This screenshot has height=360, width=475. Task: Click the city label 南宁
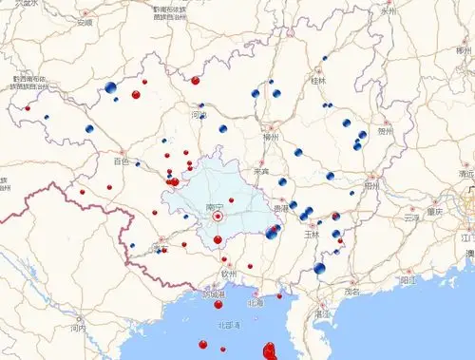pyautogui.click(x=214, y=206)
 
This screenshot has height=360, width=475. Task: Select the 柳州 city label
pyautogui.click(x=270, y=137)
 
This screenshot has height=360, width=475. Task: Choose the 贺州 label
pyautogui.click(x=385, y=132)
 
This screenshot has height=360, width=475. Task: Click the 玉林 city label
pyautogui.click(x=311, y=233)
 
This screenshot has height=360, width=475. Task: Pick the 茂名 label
pyautogui.click(x=352, y=292)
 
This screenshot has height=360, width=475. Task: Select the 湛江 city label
pyautogui.click(x=322, y=312)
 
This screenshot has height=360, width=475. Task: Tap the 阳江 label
pyautogui.click(x=408, y=280)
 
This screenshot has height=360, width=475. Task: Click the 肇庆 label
pyautogui.click(x=434, y=212)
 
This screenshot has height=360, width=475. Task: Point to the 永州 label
pyautogui.click(x=388, y=11)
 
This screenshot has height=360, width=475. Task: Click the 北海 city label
pyautogui.click(x=255, y=303)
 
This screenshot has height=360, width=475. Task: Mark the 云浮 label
pyautogui.click(x=410, y=218)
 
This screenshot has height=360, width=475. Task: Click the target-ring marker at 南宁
pyautogui.click(x=218, y=217)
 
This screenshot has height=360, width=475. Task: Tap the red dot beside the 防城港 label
pyautogui.click(x=218, y=304)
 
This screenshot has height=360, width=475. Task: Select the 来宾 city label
pyautogui.click(x=260, y=171)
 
